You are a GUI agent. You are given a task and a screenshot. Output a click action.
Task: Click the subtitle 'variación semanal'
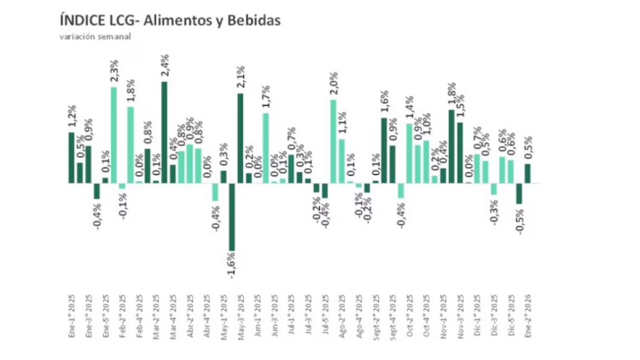[96, 37]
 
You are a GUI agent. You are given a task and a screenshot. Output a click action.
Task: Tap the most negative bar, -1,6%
[231, 217]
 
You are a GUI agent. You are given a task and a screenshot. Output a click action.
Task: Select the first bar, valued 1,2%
[72, 158]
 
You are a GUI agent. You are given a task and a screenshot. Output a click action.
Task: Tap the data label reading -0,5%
[520, 221]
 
